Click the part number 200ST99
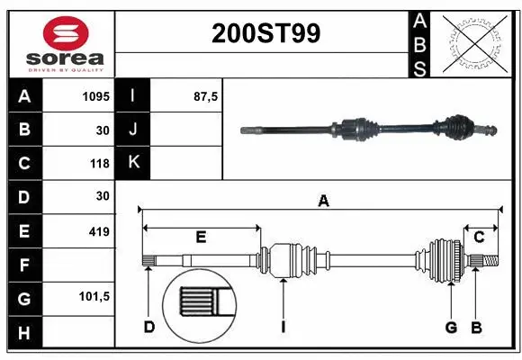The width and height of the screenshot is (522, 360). coord(265,33)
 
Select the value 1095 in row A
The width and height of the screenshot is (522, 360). coord(96,96)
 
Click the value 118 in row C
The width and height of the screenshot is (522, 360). coord(100,163)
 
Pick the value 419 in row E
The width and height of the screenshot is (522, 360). coord(99,231)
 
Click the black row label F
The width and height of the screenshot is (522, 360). coord(24,265)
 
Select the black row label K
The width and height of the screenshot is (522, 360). coord(133,163)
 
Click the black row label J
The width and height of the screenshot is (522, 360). coord(133,130)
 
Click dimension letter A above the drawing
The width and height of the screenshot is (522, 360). coord(323,202)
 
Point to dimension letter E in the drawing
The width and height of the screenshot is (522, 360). coord(202,238)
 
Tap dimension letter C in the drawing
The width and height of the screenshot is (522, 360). coord(480,237)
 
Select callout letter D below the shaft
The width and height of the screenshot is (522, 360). coord(149,327)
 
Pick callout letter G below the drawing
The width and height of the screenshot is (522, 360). coord(451,327)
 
